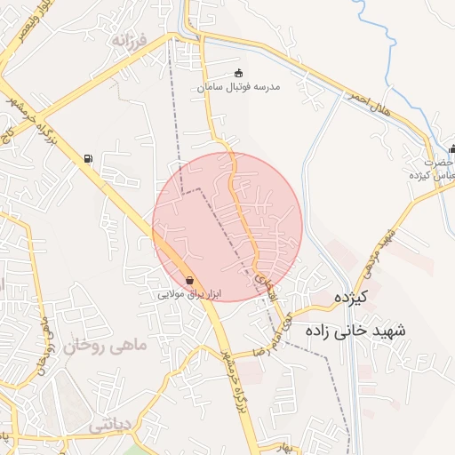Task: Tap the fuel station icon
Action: (87, 160)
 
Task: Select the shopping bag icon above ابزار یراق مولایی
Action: (190, 281)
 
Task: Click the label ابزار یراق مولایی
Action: (189, 293)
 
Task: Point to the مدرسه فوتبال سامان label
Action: (238, 87)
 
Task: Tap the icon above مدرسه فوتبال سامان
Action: (237, 74)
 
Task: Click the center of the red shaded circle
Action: (227, 227)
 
